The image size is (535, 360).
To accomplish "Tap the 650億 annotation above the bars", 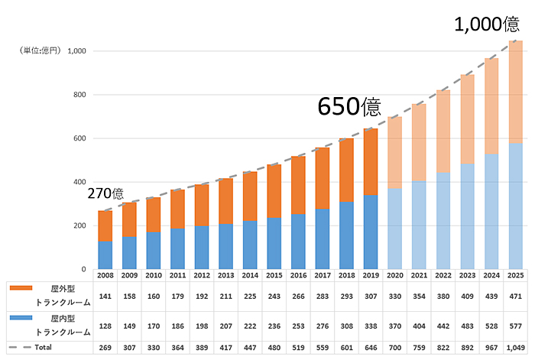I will (349, 106).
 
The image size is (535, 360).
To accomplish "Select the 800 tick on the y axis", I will (78, 95).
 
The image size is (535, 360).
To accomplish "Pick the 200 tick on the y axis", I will (78, 225).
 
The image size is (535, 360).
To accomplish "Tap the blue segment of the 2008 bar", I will (105, 255).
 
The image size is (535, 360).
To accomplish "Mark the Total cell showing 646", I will (371, 348).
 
